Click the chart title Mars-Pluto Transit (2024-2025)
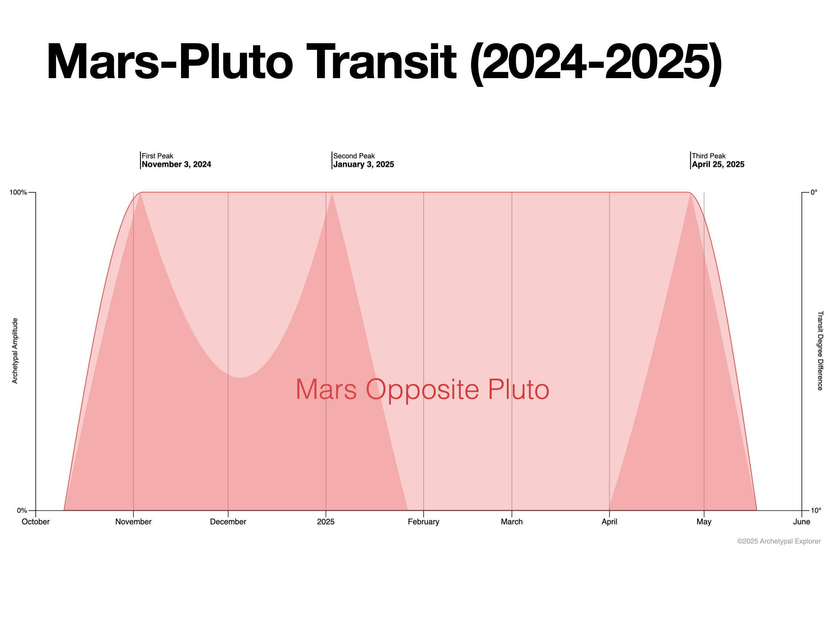coord(384,62)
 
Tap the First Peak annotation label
coord(157,156)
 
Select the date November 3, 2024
coord(176,164)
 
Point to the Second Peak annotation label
coord(354,156)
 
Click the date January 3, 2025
coord(364,164)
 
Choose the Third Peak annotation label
coord(709,156)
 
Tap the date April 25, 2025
coord(718,164)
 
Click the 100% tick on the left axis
coord(18,193)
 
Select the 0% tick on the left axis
coord(22,511)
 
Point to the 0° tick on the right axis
coord(814,193)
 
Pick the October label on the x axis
coord(36,522)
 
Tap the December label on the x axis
coord(228,522)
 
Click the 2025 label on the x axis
coord(326,522)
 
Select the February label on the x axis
coord(424,522)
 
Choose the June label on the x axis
coord(802,522)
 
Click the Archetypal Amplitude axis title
coord(15,351)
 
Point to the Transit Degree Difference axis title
coord(820,351)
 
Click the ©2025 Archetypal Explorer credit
coord(779,541)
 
